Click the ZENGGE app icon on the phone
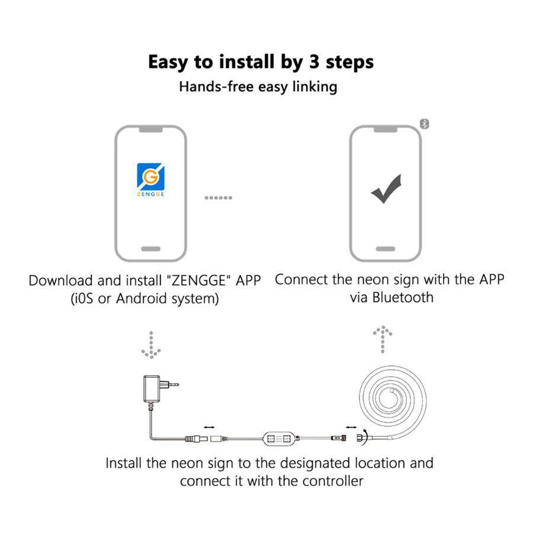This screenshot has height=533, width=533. [x=150, y=180]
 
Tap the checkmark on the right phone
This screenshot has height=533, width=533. [x=386, y=189]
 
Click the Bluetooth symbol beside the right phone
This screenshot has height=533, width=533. [x=424, y=124]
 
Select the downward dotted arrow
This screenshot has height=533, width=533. [x=151, y=345]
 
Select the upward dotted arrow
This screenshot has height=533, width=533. [x=383, y=339]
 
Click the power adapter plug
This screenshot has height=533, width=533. [x=160, y=389]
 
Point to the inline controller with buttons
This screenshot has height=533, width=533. [x=281, y=438]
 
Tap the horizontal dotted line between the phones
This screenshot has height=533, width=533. [x=218, y=197]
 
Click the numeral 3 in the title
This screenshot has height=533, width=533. [x=314, y=62]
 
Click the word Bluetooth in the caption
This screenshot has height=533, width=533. [x=403, y=297]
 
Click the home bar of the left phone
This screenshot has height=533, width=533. [x=150, y=249]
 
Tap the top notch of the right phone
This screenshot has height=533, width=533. [x=386, y=130]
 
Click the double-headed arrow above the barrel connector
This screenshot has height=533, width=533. [x=210, y=427]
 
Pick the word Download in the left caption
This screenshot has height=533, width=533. [x=60, y=281]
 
